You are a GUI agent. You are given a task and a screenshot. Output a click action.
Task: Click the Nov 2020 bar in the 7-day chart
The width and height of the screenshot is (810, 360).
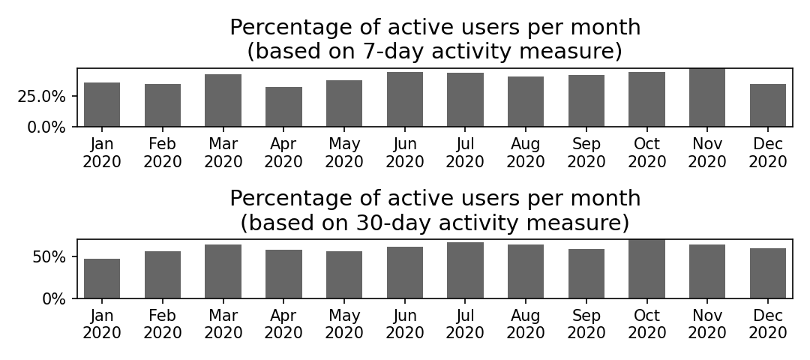pos(707,97)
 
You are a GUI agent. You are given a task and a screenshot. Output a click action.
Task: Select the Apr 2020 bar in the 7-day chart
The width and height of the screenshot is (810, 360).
pos(283,107)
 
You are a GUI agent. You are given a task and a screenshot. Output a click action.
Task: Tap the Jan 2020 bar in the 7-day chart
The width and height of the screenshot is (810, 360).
pos(102,104)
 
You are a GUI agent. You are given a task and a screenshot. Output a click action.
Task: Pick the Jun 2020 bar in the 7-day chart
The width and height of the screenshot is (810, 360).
pos(405,99)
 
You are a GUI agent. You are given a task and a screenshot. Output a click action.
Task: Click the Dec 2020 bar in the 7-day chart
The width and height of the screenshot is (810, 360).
pos(768,105)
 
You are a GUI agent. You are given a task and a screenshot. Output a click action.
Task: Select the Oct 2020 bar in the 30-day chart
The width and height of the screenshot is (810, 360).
pos(646,269)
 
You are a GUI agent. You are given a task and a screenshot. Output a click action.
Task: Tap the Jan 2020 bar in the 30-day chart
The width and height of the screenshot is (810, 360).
pos(102,278)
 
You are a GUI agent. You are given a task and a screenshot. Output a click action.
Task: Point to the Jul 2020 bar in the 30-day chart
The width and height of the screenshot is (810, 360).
pos(466,270)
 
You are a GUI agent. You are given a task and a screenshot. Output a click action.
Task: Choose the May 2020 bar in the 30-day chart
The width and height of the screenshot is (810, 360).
pos(344,274)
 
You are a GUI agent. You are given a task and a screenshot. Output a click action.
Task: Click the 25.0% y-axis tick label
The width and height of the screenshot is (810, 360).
pos(41,97)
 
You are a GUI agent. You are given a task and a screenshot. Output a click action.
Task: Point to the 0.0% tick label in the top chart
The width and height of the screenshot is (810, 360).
pos(46,127)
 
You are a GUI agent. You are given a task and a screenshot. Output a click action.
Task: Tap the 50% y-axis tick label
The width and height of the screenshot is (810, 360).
pos(49,257)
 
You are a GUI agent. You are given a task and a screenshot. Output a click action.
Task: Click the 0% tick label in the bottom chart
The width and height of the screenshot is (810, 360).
pos(54,299)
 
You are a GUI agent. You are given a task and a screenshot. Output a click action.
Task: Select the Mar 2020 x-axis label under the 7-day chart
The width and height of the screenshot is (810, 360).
pos(223,153)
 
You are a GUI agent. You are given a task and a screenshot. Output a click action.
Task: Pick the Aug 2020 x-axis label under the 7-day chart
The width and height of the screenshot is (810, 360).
pos(526,153)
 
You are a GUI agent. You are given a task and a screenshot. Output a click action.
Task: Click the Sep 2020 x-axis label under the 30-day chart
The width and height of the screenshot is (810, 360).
pos(586,324)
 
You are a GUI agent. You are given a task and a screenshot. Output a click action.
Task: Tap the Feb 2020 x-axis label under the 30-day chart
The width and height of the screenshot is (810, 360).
pos(163,324)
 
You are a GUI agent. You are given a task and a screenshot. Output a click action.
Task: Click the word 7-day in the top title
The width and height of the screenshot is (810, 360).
pos(391,52)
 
